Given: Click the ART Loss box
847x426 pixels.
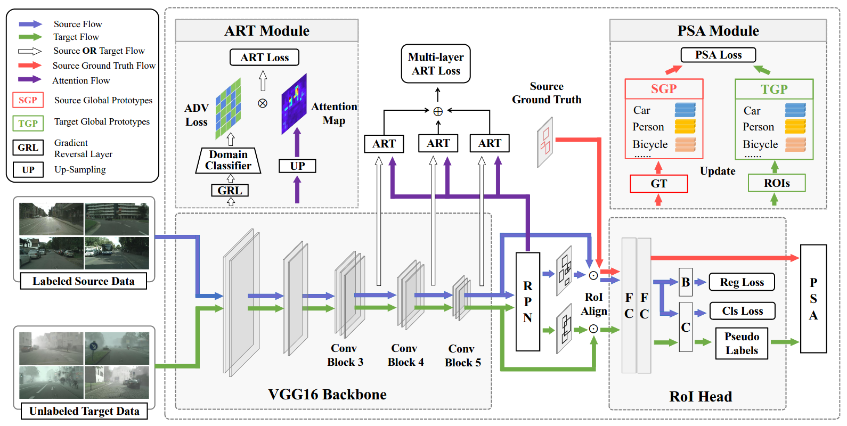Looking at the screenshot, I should click(x=264, y=58).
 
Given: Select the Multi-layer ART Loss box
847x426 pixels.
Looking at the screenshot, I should click(x=436, y=64).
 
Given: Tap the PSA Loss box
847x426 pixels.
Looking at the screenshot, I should click(x=718, y=55).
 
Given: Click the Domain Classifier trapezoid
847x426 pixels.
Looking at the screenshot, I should click(x=228, y=160).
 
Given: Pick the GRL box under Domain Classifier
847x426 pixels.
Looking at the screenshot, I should click(x=230, y=190).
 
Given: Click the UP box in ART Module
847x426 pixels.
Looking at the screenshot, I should click(x=297, y=166).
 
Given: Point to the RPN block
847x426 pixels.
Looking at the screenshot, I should click(x=527, y=301).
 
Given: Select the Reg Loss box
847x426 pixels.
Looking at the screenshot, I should click(x=742, y=282).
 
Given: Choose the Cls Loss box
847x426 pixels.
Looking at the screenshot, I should click(x=742, y=311).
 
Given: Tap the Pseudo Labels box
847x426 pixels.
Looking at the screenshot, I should click(x=742, y=343).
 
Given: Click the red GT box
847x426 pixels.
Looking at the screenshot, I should click(x=658, y=184).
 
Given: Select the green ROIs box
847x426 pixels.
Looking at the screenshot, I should click(x=777, y=183).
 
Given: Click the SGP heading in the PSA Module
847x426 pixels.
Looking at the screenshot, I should click(x=664, y=89).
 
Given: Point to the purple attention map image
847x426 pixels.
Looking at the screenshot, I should click(x=294, y=104).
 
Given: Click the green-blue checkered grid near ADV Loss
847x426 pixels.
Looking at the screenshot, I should click(x=228, y=109).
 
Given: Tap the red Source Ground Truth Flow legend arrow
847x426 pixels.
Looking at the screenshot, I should click(x=30, y=65).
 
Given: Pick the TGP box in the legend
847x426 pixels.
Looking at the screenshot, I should click(x=28, y=124).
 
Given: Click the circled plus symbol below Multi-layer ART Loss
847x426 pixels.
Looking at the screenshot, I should click(x=438, y=111).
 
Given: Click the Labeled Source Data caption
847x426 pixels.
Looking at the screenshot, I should click(x=84, y=281).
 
